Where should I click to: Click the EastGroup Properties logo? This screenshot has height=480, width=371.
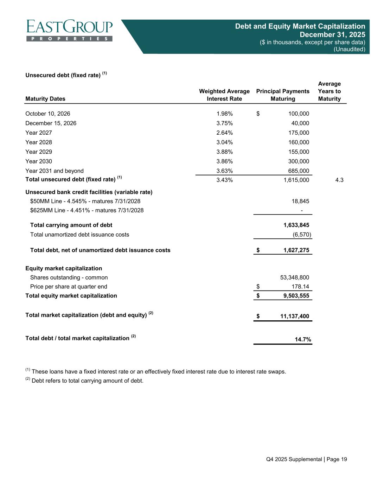[69, 31]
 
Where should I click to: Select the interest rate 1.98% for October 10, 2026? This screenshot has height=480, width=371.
[224, 114]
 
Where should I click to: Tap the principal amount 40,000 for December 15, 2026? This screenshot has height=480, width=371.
[300, 123]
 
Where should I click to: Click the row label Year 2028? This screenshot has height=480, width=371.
[39, 142]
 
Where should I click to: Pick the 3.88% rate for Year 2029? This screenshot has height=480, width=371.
[224, 152]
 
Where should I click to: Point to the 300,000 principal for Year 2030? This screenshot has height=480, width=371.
[298, 161]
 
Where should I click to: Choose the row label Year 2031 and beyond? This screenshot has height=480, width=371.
[55, 171]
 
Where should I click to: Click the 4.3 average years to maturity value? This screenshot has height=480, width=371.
[339, 180]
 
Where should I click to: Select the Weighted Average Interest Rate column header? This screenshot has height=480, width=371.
[224, 95]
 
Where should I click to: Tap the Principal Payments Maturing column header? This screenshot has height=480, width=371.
[283, 95]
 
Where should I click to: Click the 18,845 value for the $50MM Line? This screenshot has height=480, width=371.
[301, 201]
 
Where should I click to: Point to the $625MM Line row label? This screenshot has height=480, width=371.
[87, 210]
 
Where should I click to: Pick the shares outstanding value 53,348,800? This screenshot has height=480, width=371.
[295, 277]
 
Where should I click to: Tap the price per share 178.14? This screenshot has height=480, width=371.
[300, 287]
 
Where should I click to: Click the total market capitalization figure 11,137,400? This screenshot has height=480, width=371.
[295, 316]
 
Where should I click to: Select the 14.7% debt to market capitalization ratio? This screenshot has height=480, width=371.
[302, 339]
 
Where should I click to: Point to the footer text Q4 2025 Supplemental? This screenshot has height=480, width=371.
[294, 459]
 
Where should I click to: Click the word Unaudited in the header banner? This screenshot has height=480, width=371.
[349, 49]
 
